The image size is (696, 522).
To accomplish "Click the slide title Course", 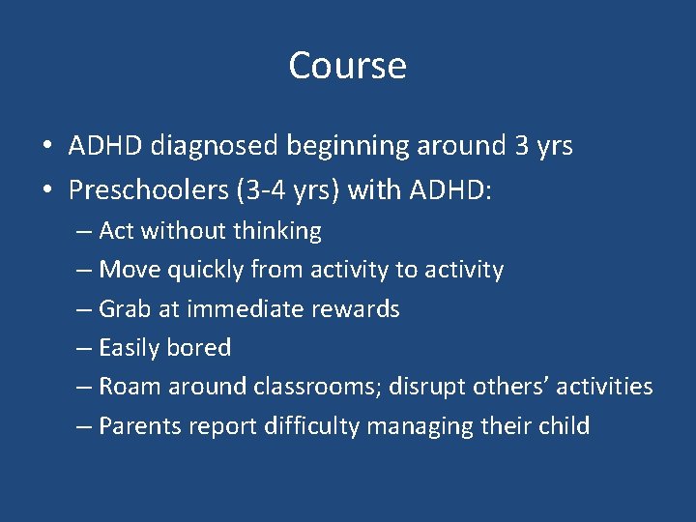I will [347, 66].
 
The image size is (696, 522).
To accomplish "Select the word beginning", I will [350, 147].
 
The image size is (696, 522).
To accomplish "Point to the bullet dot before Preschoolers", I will [46, 190].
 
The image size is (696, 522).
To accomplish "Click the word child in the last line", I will [564, 426].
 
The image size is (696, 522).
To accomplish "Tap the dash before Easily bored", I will [85, 349].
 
